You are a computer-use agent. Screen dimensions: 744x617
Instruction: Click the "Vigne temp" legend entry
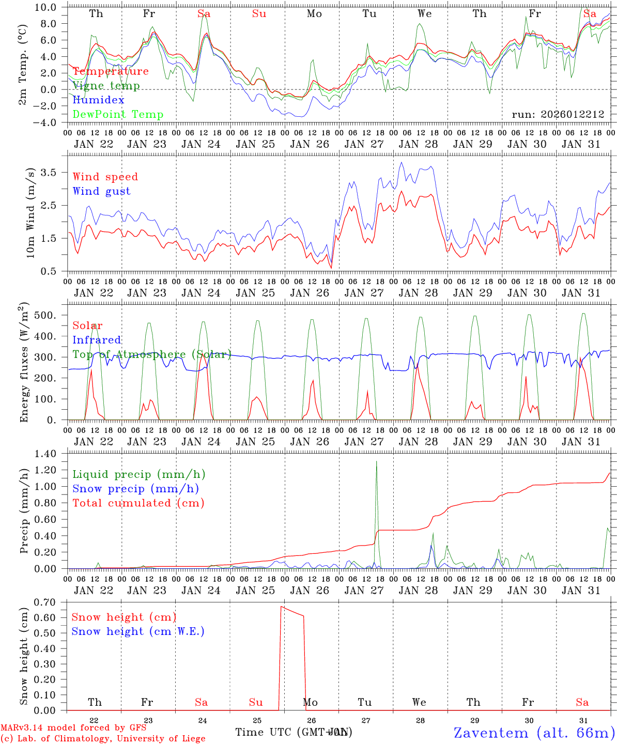(106, 86)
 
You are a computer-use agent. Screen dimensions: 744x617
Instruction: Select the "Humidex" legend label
(98, 100)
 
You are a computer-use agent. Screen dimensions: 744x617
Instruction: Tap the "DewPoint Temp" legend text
(118, 114)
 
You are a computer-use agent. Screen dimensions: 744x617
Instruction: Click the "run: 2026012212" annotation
(558, 114)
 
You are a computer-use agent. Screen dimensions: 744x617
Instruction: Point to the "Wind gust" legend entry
(101, 191)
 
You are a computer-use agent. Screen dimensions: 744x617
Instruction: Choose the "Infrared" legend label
(97, 340)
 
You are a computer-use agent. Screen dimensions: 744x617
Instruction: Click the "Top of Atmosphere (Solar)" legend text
(151, 354)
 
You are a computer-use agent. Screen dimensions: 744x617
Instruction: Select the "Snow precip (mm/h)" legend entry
(135, 489)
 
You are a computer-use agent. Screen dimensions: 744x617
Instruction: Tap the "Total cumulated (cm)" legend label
(138, 503)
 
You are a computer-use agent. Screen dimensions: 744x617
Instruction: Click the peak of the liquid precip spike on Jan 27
(376, 461)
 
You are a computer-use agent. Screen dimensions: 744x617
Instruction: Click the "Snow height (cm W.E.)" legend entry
(137, 631)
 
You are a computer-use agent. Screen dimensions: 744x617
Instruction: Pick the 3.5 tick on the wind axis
(52, 172)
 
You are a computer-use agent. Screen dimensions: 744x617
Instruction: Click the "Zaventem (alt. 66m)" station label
(534, 733)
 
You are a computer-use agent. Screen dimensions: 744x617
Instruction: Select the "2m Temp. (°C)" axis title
(23, 65)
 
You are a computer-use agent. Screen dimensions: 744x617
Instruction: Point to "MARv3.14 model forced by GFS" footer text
(73, 728)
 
